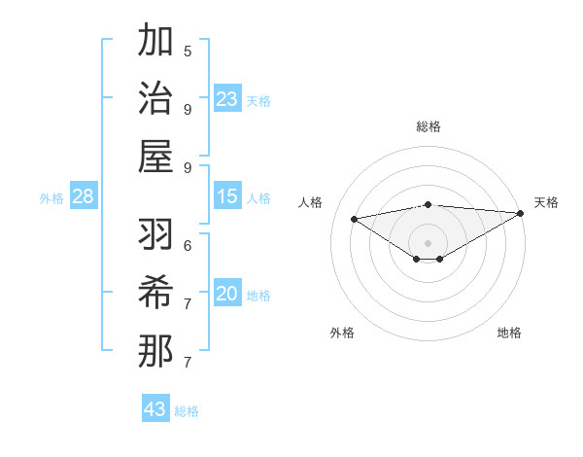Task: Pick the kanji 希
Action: pyautogui.click(x=156, y=293)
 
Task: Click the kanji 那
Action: pyautogui.click(x=156, y=350)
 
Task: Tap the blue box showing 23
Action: pyautogui.click(x=227, y=99)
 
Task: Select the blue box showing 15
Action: pyautogui.click(x=227, y=197)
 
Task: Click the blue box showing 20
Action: pyautogui.click(x=227, y=295)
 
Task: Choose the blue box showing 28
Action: pyautogui.click(x=84, y=197)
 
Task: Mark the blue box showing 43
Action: pyautogui.click(x=155, y=409)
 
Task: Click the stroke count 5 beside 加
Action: pyautogui.click(x=188, y=51)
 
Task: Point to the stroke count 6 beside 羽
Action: pyautogui.click(x=188, y=245)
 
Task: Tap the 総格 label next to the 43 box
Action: pyautogui.click(x=187, y=411)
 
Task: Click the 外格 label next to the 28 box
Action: pyautogui.click(x=51, y=198)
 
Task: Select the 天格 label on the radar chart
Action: pyautogui.click(x=546, y=202)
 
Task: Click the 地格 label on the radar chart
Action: pyautogui.click(x=509, y=333)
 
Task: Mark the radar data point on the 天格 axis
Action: pyautogui.click(x=522, y=213)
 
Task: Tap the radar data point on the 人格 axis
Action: pyautogui.click(x=354, y=218)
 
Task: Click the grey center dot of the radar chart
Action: pyautogui.click(x=428, y=241)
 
